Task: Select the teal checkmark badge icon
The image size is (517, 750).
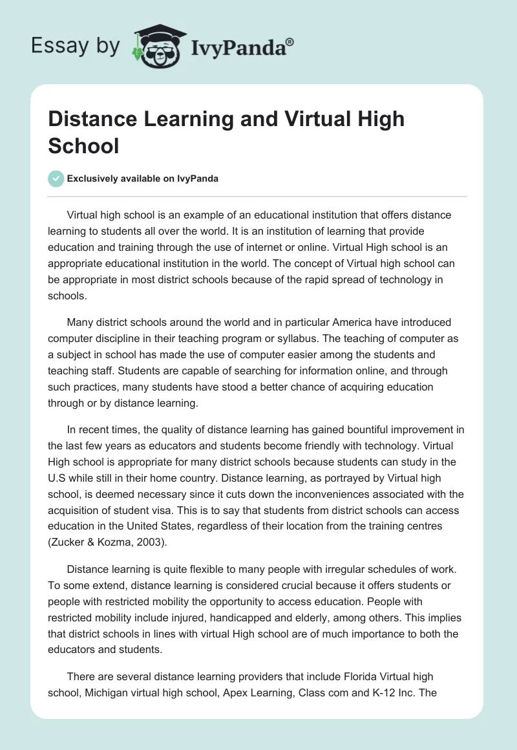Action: click(x=56, y=178)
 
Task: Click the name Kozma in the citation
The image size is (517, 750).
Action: click(x=109, y=541)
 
